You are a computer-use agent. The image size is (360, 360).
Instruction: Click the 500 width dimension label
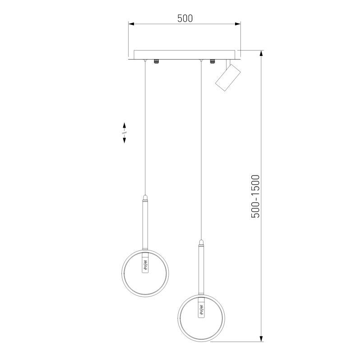point(185,18)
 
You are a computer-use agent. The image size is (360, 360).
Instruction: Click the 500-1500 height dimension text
point(255,196)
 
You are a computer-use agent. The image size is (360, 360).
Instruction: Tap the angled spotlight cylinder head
point(227,78)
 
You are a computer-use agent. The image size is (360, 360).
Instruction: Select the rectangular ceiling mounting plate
point(185,55)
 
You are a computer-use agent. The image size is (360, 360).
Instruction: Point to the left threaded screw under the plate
point(157,61)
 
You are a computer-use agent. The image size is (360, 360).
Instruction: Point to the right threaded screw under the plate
point(212,61)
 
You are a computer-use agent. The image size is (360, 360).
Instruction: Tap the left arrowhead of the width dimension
point(131,24)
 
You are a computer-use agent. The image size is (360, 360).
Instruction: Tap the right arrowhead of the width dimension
point(237,24)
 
